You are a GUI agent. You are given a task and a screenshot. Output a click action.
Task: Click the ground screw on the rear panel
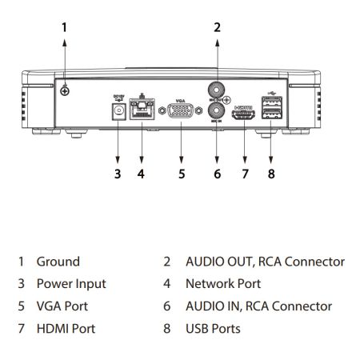[x=65, y=92]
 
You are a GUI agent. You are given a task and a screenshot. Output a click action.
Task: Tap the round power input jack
[x=118, y=113]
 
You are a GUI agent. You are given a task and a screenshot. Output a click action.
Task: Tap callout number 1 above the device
[x=65, y=27]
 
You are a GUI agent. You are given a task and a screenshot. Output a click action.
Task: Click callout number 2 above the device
[x=216, y=27]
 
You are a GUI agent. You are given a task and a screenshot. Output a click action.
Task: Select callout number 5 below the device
[x=181, y=174]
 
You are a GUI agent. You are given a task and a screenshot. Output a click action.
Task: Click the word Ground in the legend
[x=58, y=262]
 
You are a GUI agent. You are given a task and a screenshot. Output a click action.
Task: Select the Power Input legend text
[x=70, y=283]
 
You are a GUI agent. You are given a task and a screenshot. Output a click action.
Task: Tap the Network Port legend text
[x=223, y=283]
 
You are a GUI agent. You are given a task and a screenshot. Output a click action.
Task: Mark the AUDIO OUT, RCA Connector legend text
[x=264, y=262]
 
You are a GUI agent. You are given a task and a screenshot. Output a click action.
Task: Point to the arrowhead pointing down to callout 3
[x=118, y=158]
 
